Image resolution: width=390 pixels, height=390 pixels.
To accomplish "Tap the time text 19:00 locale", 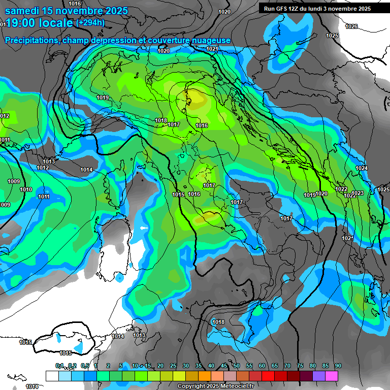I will point(40,23).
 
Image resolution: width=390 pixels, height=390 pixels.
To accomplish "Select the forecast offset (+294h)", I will point(90,23).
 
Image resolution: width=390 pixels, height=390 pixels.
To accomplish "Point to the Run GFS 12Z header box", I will point(317,9).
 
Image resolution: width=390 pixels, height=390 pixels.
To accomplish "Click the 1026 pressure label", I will point(351,26).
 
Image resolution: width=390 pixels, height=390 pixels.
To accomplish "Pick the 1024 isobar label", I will point(361,168).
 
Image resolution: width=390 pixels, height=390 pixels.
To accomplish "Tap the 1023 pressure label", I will point(357,193).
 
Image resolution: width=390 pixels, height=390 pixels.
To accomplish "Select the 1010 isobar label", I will point(26,189).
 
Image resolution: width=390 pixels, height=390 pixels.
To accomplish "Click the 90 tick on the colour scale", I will point(338,366).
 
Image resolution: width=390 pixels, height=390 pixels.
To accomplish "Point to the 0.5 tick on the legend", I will point(84,366).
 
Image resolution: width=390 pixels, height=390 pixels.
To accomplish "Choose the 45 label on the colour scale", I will point(224,366).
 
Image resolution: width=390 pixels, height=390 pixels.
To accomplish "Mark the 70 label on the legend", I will point(287,366).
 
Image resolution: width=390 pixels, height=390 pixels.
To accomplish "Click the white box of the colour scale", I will point(52,376).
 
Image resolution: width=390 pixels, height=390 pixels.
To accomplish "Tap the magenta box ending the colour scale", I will point(331,376).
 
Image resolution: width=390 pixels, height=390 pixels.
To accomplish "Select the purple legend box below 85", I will point(318,376).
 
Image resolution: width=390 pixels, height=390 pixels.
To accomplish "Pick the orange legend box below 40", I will point(204,376).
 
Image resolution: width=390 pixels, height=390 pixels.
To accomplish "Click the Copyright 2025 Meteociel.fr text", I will point(215,386).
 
